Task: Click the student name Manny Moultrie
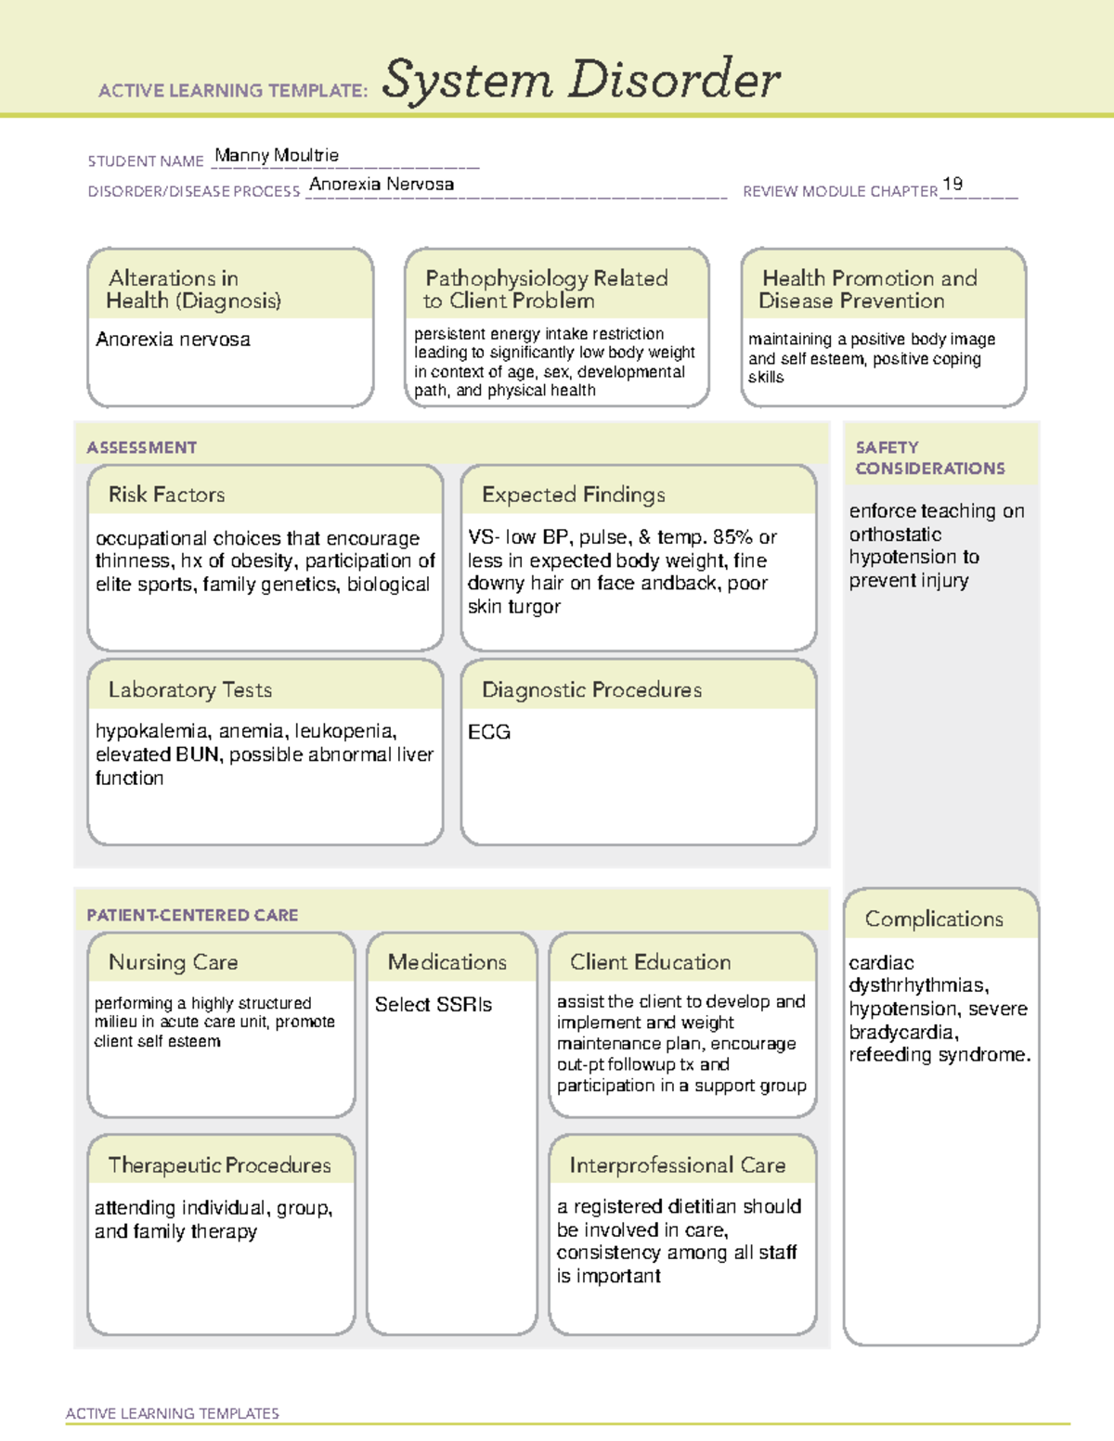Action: (x=277, y=155)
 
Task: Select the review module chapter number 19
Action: (x=952, y=184)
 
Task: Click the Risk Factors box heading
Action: (x=166, y=495)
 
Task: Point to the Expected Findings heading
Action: (x=573, y=495)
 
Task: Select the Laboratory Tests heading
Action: (x=189, y=689)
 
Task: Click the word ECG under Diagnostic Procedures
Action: (x=489, y=732)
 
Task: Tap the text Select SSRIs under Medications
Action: (x=433, y=1004)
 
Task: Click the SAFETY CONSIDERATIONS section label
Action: (x=929, y=457)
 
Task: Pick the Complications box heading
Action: (x=934, y=919)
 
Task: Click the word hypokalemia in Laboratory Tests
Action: (x=151, y=731)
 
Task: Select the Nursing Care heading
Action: (x=173, y=962)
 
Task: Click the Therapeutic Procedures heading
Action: (x=219, y=1164)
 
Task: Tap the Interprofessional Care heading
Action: (x=677, y=1164)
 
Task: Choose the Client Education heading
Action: (x=650, y=962)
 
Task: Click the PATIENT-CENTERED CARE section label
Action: (x=192, y=915)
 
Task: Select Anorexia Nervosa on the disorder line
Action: (x=382, y=184)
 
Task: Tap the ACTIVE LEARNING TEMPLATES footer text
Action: (x=172, y=1413)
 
